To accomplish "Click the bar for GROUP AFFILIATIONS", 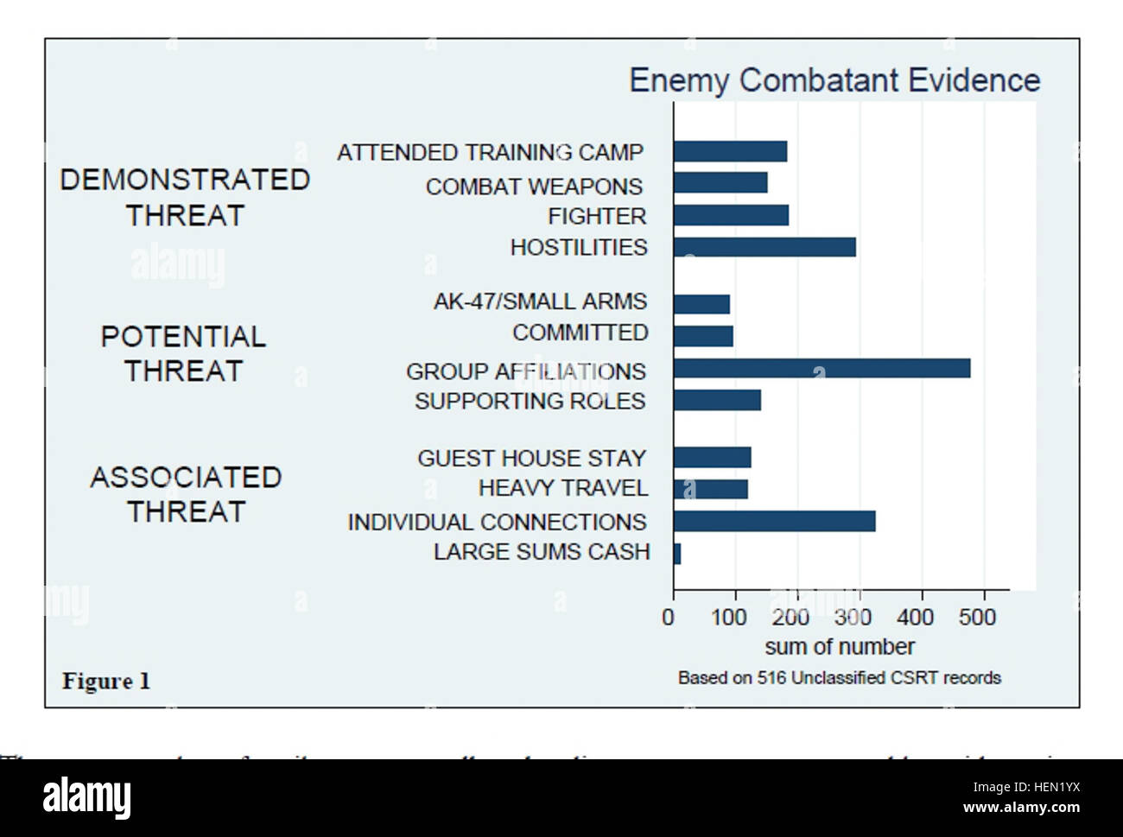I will tap(822, 369).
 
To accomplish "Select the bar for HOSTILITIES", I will tap(765, 247).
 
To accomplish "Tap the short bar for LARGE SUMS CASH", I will tap(677, 554).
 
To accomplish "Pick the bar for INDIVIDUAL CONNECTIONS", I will tap(774, 521).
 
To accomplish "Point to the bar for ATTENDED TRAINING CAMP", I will tap(730, 152).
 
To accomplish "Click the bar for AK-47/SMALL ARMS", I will tap(701, 304).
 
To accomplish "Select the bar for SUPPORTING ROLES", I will tap(717, 400).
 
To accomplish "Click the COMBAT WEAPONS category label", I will tap(534, 187).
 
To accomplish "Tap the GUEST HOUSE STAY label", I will tap(531, 458).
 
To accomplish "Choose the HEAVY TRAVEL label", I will tap(562, 488).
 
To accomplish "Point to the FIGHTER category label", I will tap(597, 216).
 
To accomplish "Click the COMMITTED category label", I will tap(580, 333).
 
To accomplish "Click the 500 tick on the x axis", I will tap(977, 617).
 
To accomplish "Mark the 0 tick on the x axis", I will tap(669, 617).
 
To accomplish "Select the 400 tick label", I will tap(915, 617).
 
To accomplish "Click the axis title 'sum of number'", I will tap(839, 647).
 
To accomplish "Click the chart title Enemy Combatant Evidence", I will tap(834, 80).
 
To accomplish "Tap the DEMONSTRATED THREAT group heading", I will tap(185, 197).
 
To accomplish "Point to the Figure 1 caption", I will tap(106, 682).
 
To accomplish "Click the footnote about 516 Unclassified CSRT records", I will tap(839, 678).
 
